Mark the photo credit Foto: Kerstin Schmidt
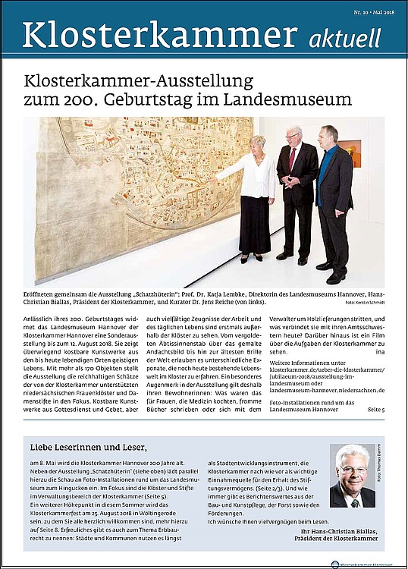click(365, 302)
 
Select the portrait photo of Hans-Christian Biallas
click(352, 476)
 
